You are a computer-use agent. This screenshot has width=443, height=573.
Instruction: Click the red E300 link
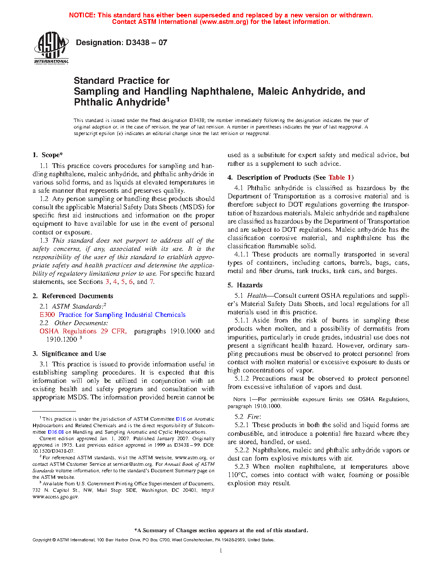pyautogui.click(x=47, y=315)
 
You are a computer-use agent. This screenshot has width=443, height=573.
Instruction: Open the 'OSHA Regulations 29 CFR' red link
pyautogui.click(x=83, y=331)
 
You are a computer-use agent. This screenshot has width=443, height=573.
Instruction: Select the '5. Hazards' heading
pyautogui.click(x=245, y=285)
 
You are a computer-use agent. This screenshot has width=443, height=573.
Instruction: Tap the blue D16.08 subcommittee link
pyautogui.click(x=56, y=432)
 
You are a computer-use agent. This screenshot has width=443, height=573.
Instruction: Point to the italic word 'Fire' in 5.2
pyautogui.click(x=253, y=417)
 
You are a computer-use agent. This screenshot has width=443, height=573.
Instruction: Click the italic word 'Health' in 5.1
pyautogui.click(x=257, y=296)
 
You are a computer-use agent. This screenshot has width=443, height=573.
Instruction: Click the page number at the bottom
pyautogui.click(x=221, y=551)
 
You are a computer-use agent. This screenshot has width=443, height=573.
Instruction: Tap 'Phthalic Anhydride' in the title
pyautogui.click(x=120, y=102)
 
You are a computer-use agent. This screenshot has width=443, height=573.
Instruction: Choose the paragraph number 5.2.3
pyautogui.click(x=241, y=467)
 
